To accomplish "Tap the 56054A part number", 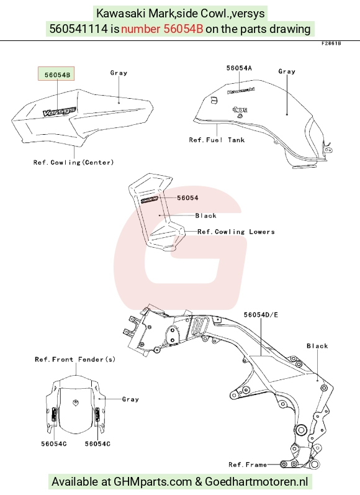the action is (x=239, y=68).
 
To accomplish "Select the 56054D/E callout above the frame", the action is (x=261, y=315).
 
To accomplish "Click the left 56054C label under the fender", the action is (x=54, y=444).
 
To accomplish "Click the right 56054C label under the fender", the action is (x=97, y=444).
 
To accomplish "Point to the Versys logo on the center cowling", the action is (x=60, y=111).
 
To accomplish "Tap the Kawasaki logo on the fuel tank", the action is (x=241, y=91).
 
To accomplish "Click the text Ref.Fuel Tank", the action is (x=217, y=140).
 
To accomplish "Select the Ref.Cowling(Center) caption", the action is (x=73, y=162).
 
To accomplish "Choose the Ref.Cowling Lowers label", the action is (x=236, y=232).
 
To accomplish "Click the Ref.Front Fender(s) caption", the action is (x=75, y=359).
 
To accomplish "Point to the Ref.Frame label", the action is (x=248, y=465).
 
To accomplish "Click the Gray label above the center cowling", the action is (x=119, y=73).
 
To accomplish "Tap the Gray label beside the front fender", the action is (x=130, y=399).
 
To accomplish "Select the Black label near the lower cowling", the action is (x=205, y=216).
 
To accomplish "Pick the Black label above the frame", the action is (x=317, y=346).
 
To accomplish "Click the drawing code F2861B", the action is (x=331, y=43).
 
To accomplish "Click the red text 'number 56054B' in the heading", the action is (x=162, y=29).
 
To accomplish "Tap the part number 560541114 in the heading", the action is (x=79, y=29).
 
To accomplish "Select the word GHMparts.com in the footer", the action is (x=153, y=482).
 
